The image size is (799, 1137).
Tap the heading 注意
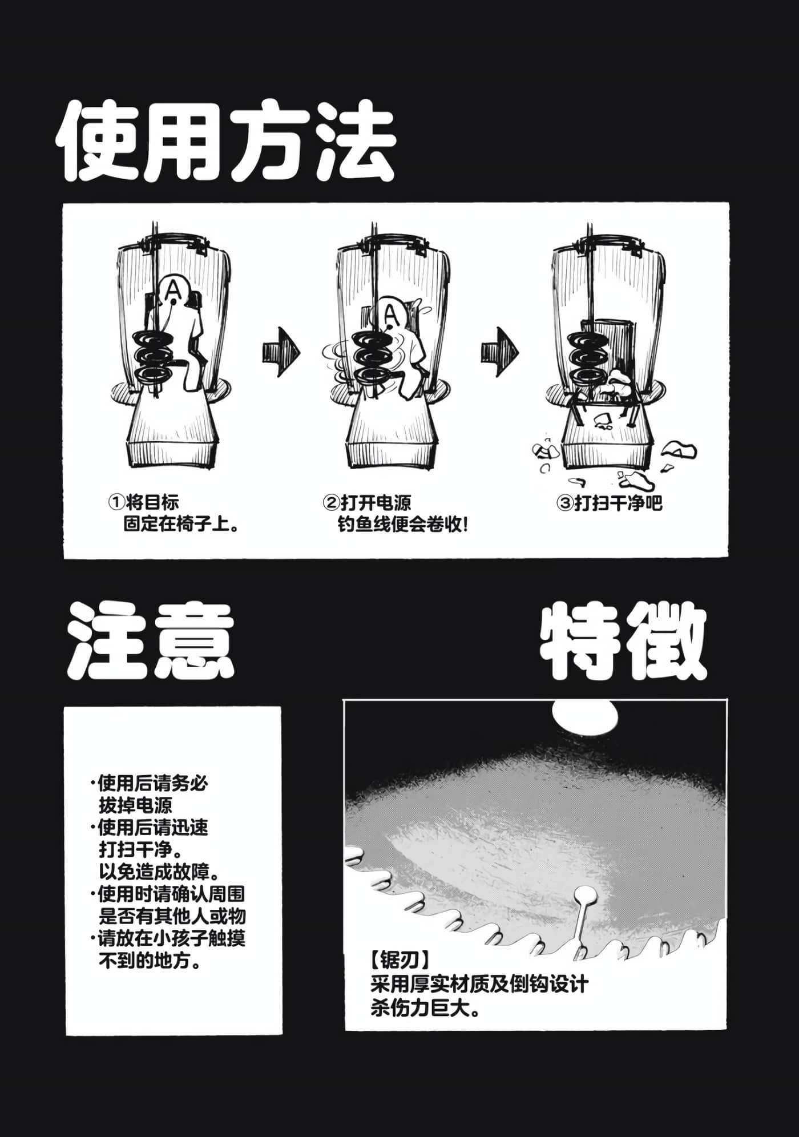[x=151, y=641]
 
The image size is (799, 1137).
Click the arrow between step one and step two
[x=281, y=352]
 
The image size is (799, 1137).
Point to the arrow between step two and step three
[x=499, y=352]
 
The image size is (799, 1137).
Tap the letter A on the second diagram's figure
[x=390, y=313]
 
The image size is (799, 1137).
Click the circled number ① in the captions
[x=116, y=502]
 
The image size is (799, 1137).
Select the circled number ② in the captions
[x=331, y=503]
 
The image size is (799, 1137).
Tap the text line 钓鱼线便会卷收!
[x=402, y=524]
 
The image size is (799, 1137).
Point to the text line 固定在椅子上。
[x=181, y=523]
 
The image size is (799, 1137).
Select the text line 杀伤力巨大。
[x=426, y=1008]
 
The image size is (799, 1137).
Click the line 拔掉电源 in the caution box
[x=135, y=805]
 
